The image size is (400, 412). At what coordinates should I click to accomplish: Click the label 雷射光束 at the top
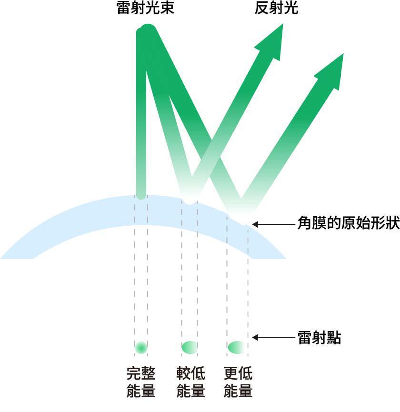[x=145, y=9]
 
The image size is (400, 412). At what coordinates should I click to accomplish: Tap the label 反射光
[x=277, y=9]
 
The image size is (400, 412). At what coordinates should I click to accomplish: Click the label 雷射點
[x=319, y=338]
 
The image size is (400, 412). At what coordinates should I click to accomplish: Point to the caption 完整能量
[x=141, y=382]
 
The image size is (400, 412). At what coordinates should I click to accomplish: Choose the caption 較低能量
[x=190, y=382]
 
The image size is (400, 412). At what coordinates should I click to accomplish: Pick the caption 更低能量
[x=238, y=382]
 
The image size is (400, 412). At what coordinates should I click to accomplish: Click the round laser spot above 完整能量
[x=141, y=347]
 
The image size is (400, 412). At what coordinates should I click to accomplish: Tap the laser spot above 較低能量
[x=190, y=347]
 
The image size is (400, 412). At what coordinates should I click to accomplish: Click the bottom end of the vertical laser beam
[x=141, y=194]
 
